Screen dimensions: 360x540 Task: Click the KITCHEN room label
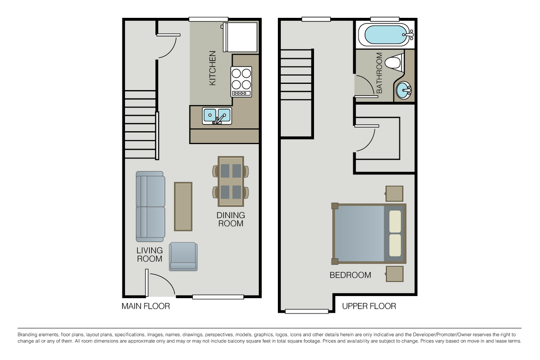[x=213, y=68]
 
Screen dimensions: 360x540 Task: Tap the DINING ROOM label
[x=231, y=219]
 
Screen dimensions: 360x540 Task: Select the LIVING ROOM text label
[x=149, y=255]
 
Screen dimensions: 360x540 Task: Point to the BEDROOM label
[x=350, y=275]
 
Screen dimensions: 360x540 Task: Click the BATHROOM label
[x=379, y=73]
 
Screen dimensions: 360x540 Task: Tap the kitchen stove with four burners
[x=241, y=81]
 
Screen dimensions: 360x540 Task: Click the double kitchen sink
[x=217, y=116]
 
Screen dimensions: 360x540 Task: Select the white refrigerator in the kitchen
[x=240, y=37]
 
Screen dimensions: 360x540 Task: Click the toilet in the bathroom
[x=393, y=62]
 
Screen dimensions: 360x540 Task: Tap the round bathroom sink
[x=404, y=91]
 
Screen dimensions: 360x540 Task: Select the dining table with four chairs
[x=231, y=181]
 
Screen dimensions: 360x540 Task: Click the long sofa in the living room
[x=150, y=207]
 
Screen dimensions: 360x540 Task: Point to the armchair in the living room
[x=183, y=257]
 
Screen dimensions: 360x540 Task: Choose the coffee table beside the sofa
[x=183, y=206]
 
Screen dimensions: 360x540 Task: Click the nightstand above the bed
[x=394, y=194]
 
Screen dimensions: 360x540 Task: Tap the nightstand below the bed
[x=394, y=274]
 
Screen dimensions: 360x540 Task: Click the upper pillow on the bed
[x=395, y=222]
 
